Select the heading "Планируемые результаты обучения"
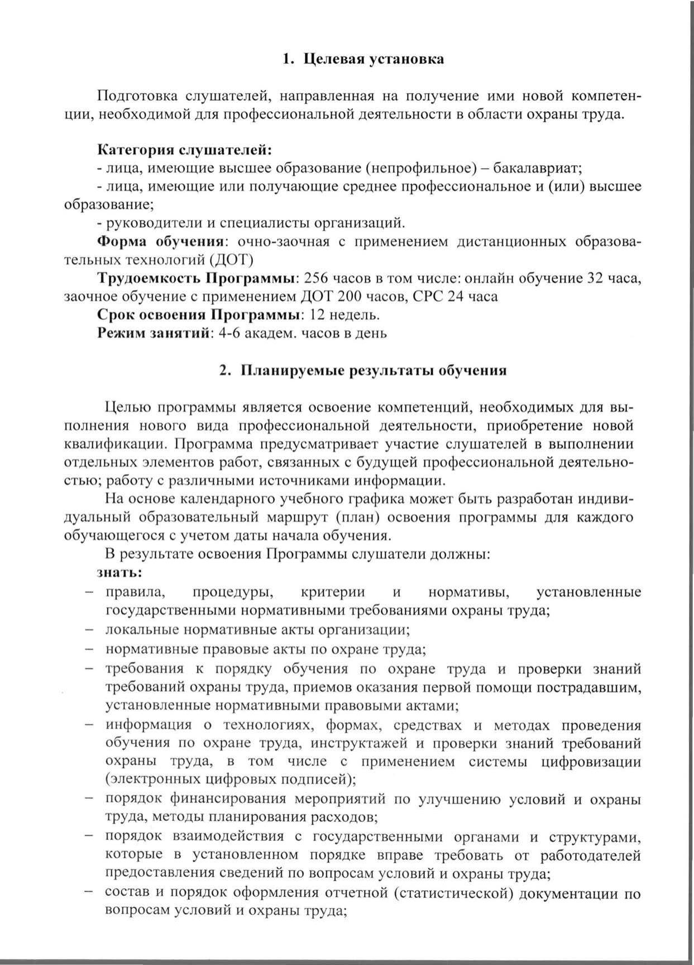pos(373,371)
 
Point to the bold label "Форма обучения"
pos(160,241)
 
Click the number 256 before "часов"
pos(320,278)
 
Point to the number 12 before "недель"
pos(317,315)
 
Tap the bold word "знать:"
pos(119,573)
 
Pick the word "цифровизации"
pos(594,762)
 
